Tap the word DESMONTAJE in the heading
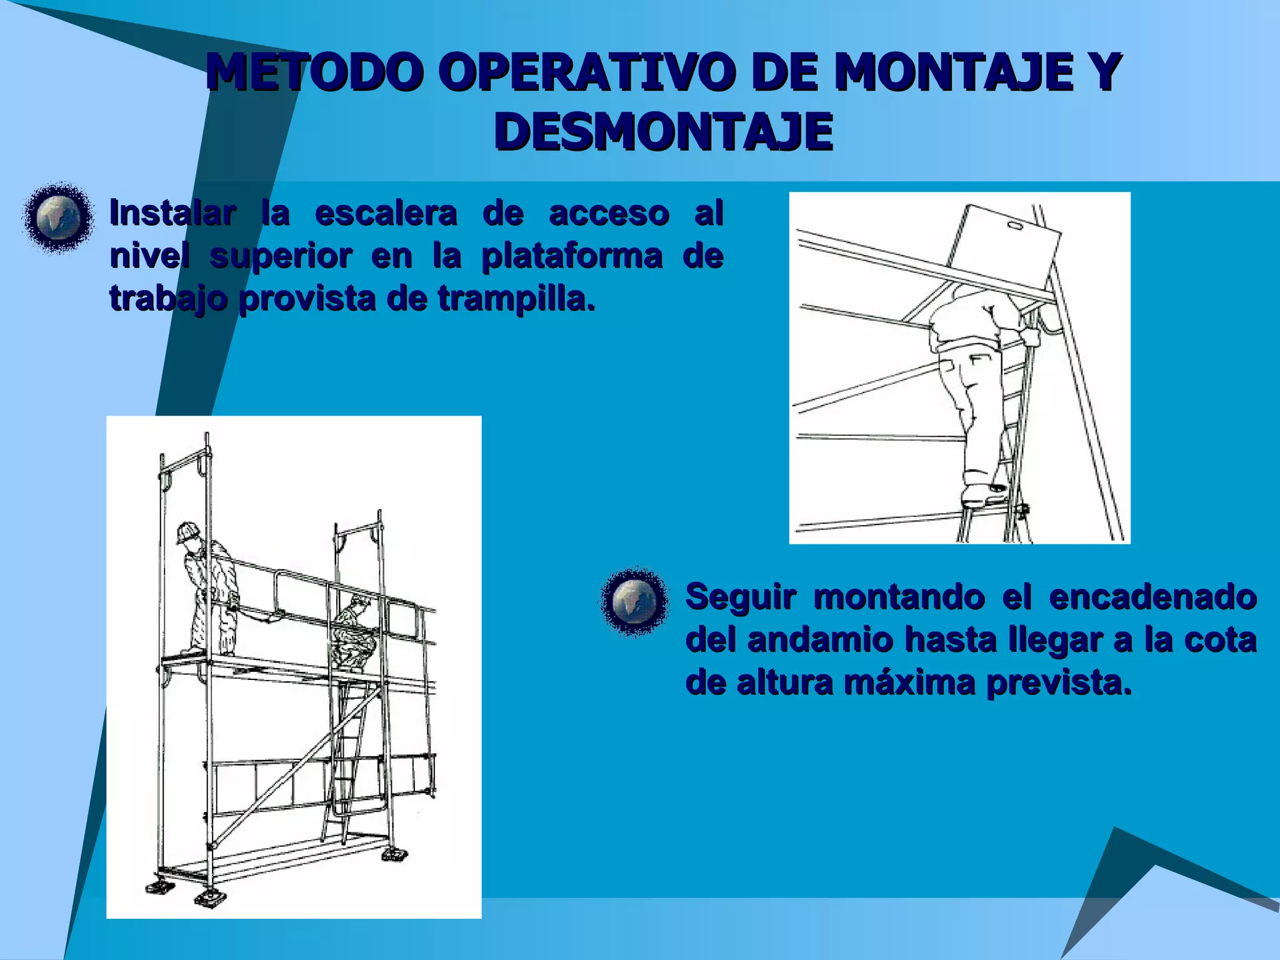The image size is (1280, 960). click(663, 132)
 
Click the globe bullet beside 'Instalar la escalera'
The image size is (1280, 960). click(58, 217)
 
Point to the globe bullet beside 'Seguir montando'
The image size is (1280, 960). click(635, 602)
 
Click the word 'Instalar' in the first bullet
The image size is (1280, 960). click(173, 213)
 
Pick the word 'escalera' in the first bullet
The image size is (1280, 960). click(386, 213)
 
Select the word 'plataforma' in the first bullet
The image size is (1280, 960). click(571, 256)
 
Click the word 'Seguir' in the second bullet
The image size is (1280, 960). click(741, 597)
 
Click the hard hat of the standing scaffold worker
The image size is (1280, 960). click(187, 532)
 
